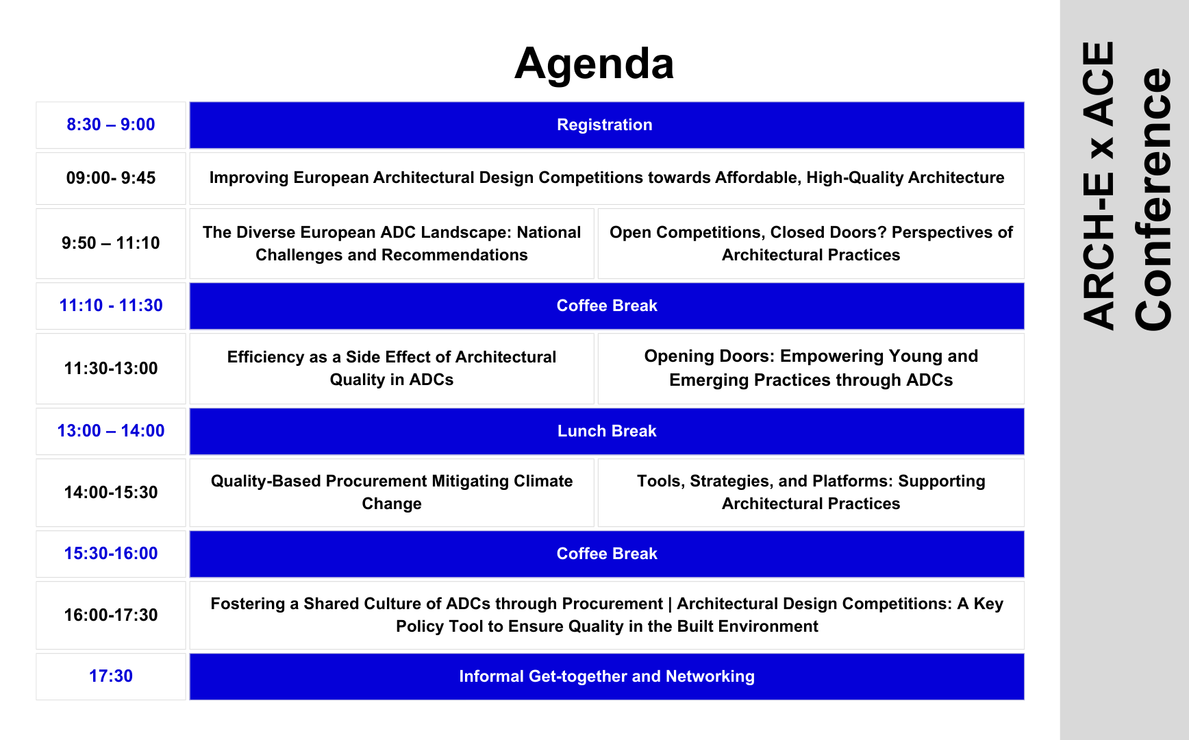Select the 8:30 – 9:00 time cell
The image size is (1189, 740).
pos(111,125)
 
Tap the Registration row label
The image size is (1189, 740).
pos(605,125)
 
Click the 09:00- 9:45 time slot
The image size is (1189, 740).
pos(111,178)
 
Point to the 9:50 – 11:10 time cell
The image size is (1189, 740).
pos(111,243)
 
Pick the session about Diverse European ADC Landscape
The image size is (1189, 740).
pos(392,243)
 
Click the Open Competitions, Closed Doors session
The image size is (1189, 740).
pos(811,243)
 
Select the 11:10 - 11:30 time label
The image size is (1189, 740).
pos(111,306)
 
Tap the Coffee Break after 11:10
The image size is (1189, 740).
pos(607,306)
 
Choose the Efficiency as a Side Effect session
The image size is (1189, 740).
pos(392,368)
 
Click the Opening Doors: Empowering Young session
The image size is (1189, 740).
pos(811,368)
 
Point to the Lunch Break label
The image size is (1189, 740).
pos(607,431)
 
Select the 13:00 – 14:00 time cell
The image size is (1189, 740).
pos(111,431)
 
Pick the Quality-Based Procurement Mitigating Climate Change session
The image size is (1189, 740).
pos(392,492)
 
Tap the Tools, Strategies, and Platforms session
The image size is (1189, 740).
pos(811,492)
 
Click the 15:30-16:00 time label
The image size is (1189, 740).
pos(111,554)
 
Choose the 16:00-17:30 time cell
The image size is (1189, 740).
pos(111,615)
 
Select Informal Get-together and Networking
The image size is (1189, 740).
pos(607,676)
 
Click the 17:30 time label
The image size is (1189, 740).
pos(111,676)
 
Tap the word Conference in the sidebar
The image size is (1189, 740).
pos(1154,199)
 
